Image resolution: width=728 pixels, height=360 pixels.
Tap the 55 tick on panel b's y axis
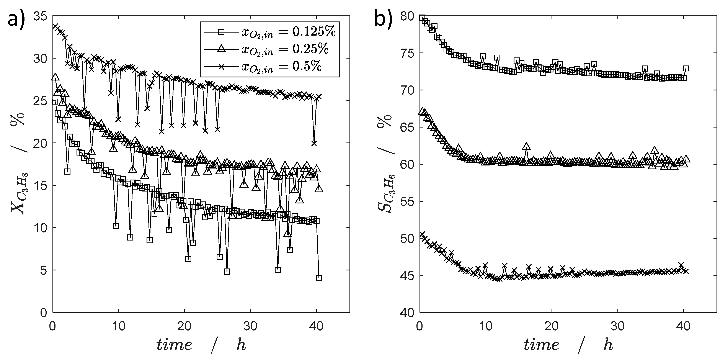click(x=408, y=201)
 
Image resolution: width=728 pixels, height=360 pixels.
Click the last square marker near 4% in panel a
click(x=319, y=278)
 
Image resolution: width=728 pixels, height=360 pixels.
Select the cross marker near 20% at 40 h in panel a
click(x=314, y=143)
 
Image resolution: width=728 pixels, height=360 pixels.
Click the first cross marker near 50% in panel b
click(x=422, y=235)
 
